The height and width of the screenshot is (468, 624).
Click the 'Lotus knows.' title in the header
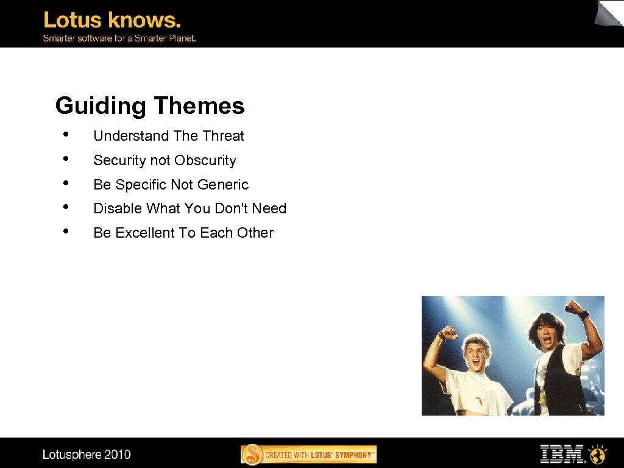coord(112,20)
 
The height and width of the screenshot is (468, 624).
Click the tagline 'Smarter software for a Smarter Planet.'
coord(119,38)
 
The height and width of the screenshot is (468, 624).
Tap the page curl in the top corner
coord(609,13)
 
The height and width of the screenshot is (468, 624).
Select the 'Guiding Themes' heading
coord(149,105)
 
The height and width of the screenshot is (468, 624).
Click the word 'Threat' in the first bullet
coord(223,136)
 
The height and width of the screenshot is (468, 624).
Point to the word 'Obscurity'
coord(205,160)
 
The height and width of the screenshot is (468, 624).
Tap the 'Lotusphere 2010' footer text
coord(87,454)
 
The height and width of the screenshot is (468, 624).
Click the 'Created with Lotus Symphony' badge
coord(308,455)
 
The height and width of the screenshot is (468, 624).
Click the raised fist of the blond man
coord(448,333)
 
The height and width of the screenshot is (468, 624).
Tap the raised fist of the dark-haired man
coord(573,307)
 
